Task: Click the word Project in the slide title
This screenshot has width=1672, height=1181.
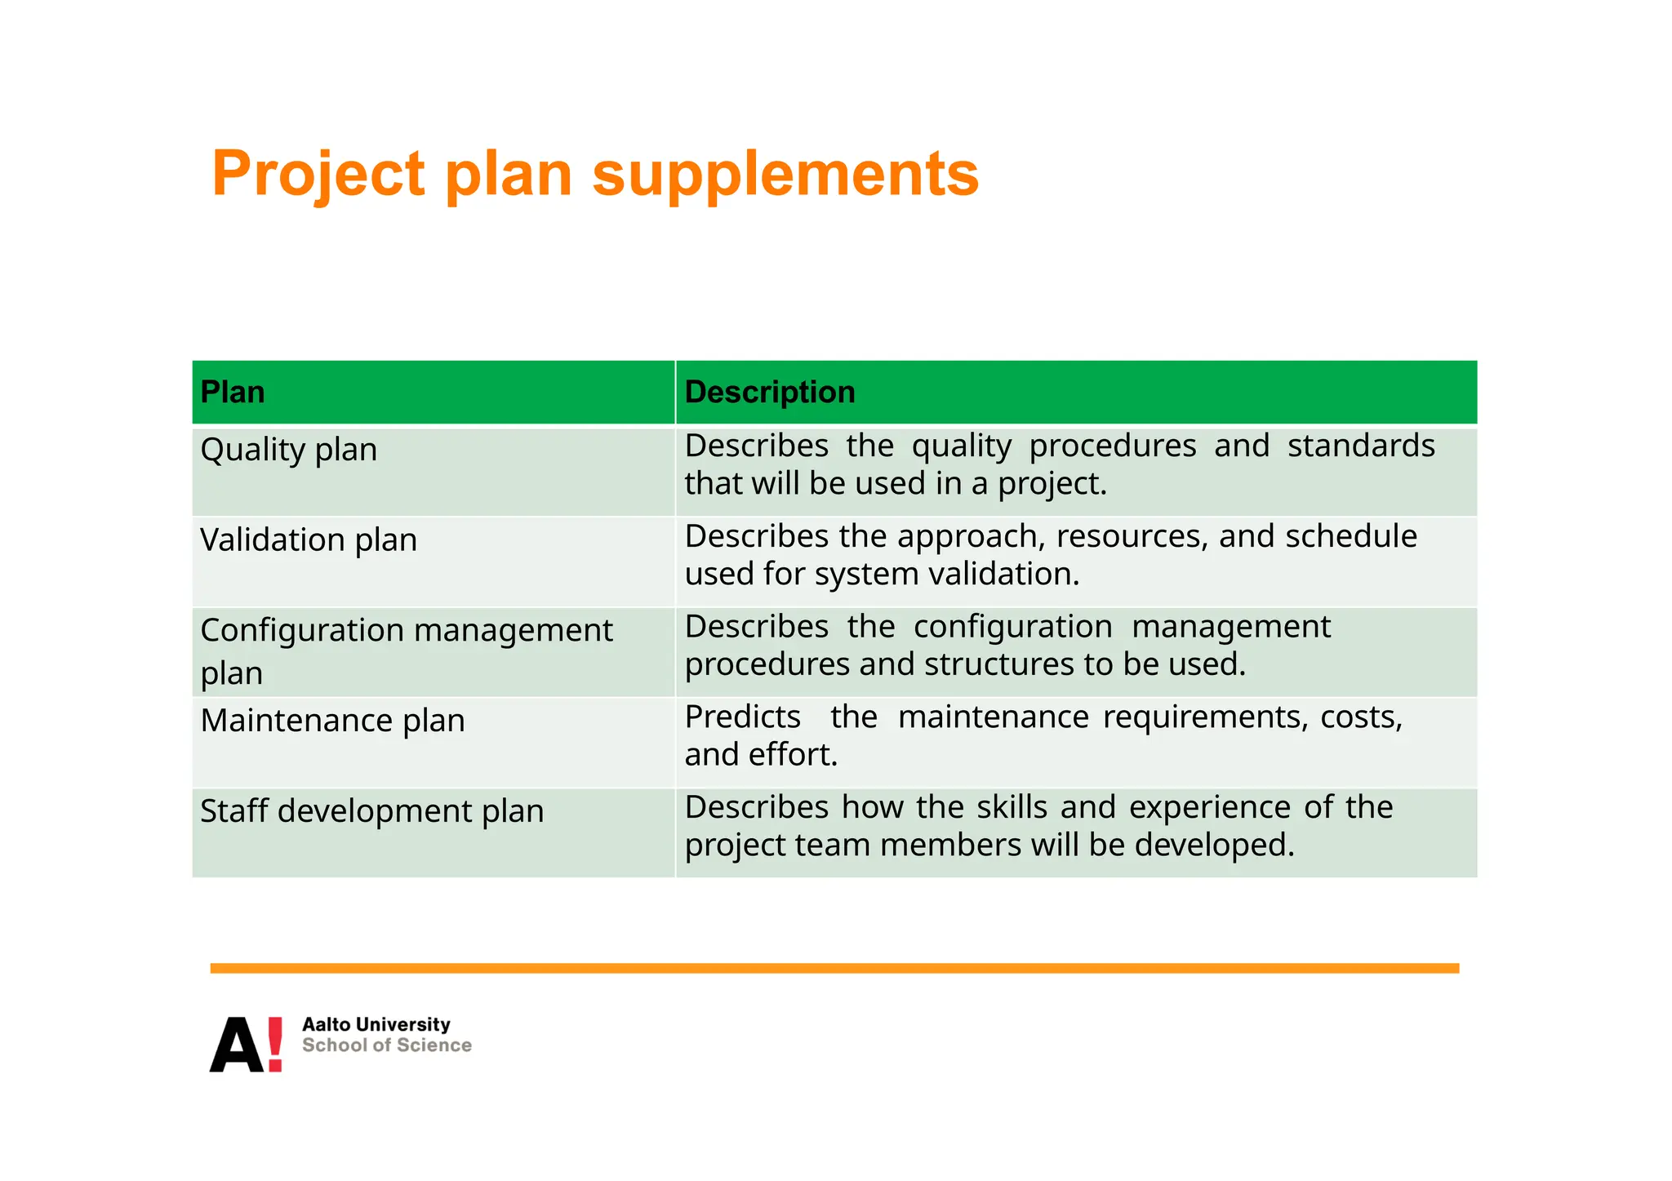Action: [x=318, y=174]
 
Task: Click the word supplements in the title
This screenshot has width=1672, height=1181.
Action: [x=785, y=174]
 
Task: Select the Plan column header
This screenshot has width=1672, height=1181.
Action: [x=233, y=393]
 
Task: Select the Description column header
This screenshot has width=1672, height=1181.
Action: [x=769, y=393]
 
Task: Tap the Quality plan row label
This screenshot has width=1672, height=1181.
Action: [x=288, y=450]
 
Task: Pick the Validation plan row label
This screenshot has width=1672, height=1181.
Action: [x=308, y=539]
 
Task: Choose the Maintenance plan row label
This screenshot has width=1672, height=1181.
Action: [x=332, y=721]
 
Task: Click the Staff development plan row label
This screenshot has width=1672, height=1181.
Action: [x=371, y=811]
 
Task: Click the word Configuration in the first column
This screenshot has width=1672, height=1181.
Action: [x=302, y=630]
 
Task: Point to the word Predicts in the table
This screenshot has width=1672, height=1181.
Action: [x=742, y=717]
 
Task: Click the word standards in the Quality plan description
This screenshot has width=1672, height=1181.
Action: [x=1360, y=446]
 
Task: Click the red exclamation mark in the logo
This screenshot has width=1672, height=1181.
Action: [x=275, y=1044]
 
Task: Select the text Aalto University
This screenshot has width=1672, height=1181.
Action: [x=376, y=1024]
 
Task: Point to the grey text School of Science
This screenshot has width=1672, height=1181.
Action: [x=386, y=1046]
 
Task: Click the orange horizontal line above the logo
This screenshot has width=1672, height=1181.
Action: [x=834, y=968]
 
